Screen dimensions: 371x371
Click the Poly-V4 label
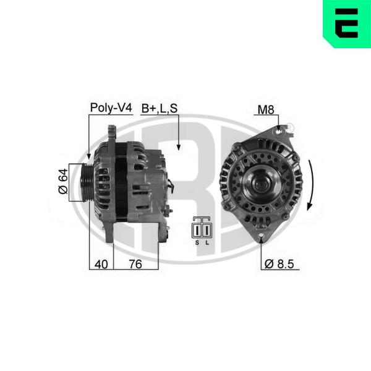[x=111, y=108]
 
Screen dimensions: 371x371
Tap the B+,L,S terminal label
[x=160, y=109]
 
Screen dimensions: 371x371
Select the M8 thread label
[x=266, y=110]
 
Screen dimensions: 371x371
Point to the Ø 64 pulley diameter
[x=63, y=181]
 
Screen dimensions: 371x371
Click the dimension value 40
[x=101, y=264]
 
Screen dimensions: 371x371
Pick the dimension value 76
[x=135, y=264]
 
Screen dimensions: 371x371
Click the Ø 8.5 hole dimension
[x=279, y=264]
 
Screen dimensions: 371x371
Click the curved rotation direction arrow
[x=312, y=185]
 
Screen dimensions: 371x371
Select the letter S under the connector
[x=197, y=243]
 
